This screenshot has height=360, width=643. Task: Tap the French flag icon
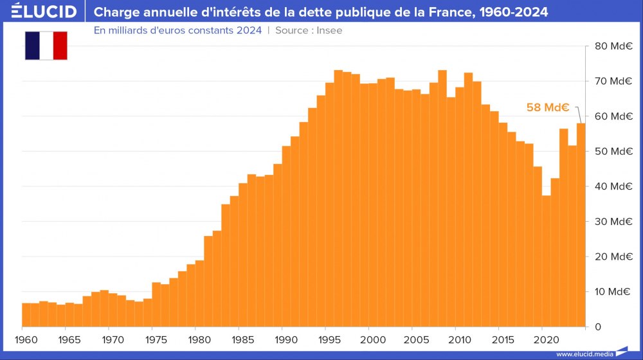click(46, 46)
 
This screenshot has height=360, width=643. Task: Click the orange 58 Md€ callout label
click(548, 107)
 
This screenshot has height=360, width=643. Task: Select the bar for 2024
click(581, 225)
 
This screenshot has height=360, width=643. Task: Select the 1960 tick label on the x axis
click(23, 339)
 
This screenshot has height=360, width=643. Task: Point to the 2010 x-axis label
click(457, 339)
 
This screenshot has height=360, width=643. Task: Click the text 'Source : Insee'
click(309, 31)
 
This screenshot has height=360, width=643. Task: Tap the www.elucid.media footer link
click(584, 354)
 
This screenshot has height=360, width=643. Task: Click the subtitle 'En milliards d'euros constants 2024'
click(177, 31)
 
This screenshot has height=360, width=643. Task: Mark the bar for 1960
click(26, 315)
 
